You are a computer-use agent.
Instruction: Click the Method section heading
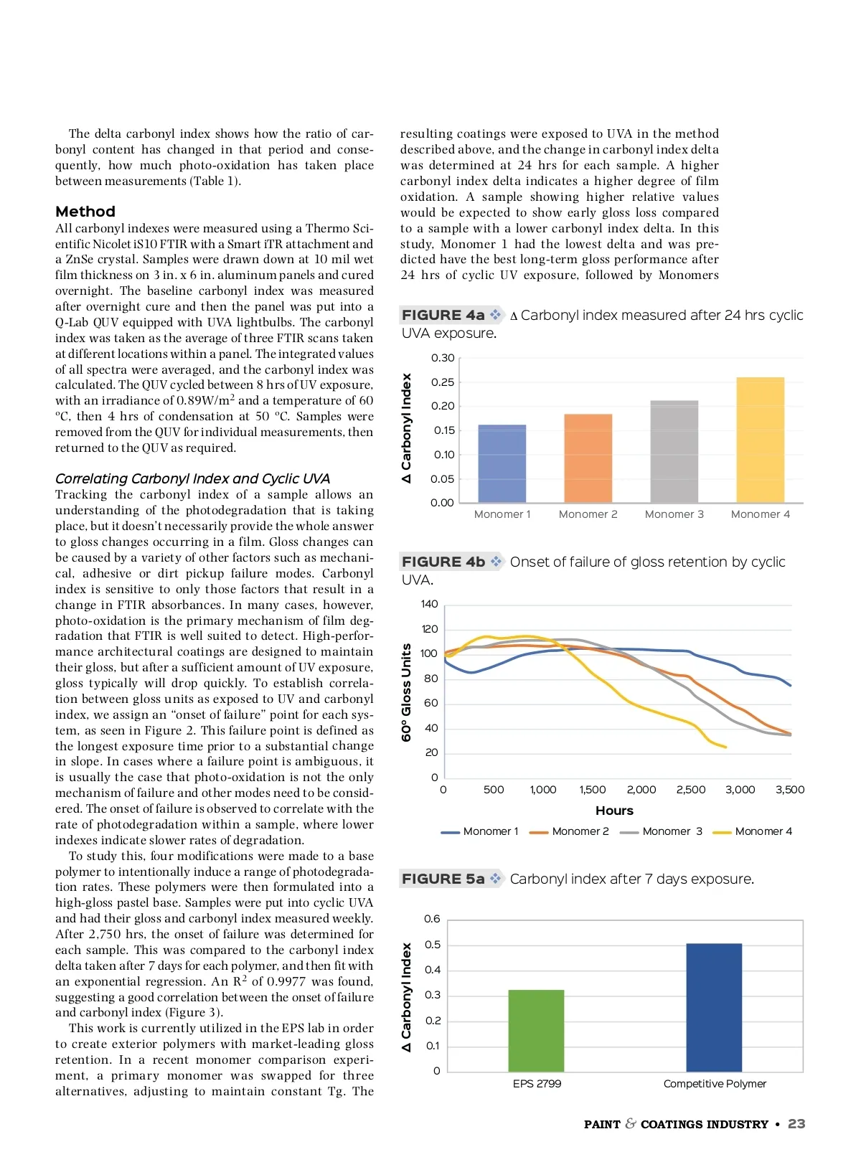point(85,212)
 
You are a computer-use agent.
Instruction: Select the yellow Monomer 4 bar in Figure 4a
point(760,440)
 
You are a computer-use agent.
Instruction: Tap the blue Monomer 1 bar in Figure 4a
point(502,463)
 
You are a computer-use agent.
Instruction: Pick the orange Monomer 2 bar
point(588,458)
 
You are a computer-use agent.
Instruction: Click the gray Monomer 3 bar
point(674,451)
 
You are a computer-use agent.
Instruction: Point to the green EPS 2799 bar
point(536,1031)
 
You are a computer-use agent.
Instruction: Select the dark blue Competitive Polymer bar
point(714,1007)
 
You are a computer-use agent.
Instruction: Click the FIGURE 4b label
point(443,562)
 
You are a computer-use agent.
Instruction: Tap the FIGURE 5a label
point(443,879)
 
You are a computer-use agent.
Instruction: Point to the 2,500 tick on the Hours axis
point(690,790)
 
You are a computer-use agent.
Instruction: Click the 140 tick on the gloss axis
point(429,604)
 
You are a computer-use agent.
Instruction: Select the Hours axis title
point(614,811)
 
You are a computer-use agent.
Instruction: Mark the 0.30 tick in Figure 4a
point(443,358)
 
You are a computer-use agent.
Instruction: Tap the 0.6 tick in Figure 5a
point(432,919)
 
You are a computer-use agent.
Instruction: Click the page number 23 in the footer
point(796,1124)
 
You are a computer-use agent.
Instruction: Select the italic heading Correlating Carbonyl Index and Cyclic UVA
point(192,478)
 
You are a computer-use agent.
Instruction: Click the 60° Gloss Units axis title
point(407,692)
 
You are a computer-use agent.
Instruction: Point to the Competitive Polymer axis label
point(715,1084)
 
